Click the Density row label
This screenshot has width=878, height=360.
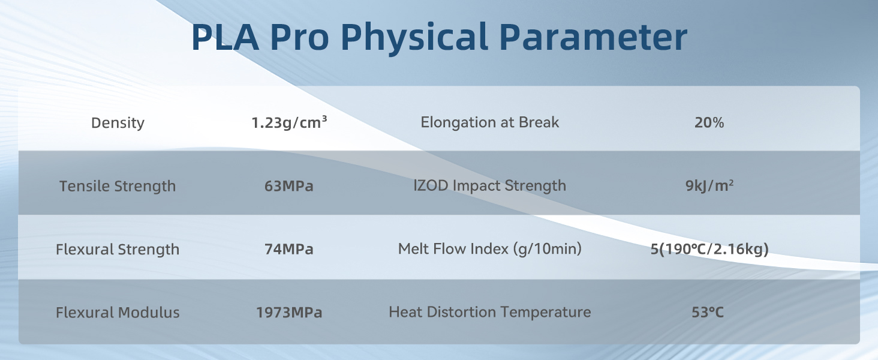tap(118, 123)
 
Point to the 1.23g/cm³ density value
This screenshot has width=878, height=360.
tap(289, 123)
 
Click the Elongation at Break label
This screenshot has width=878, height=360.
tap(490, 122)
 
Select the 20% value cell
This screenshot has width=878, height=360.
tap(709, 123)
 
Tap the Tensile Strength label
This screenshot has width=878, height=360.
tap(118, 186)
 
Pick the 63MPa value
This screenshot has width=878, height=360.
tap(289, 186)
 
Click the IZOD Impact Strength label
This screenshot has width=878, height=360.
tap(490, 185)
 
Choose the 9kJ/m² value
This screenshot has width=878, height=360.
tap(710, 185)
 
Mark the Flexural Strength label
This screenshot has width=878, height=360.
tap(118, 249)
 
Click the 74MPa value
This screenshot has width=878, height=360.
tap(289, 249)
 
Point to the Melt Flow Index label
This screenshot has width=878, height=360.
tap(490, 248)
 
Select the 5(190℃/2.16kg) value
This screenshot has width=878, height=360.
tap(710, 249)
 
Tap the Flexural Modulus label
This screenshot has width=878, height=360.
tap(118, 313)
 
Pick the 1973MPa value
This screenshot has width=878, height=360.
tap(289, 313)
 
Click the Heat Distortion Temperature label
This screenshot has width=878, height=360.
tap(490, 312)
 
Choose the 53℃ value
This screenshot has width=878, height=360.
tap(710, 313)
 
